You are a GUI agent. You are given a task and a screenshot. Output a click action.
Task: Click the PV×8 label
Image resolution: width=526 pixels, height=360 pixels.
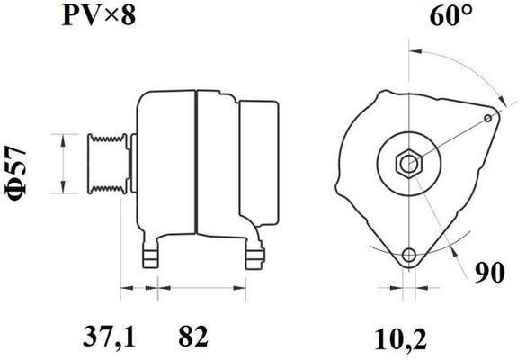pos(99,15)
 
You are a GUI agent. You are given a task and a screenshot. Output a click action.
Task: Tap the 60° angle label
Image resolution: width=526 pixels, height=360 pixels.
pos(451,15)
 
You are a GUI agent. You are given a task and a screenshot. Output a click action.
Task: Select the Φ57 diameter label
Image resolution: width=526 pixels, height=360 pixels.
pos(15,174)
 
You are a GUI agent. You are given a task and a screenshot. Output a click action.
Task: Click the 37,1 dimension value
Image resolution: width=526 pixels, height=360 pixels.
pos(109,337)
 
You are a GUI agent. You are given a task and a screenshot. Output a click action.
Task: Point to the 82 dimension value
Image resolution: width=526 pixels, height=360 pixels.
pos(193,337)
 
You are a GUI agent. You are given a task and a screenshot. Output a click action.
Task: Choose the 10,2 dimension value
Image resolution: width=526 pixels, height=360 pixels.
pos(400,339)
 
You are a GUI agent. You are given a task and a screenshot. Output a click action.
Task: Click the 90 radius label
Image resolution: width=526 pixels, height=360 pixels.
pos(490,273)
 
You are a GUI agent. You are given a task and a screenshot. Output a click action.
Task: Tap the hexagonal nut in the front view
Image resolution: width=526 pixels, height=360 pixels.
pos(409,164)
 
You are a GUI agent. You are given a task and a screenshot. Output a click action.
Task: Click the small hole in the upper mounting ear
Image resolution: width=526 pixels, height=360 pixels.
pos(488,118)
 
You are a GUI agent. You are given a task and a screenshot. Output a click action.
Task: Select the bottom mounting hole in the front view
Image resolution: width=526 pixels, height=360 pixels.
pos(409,255)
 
